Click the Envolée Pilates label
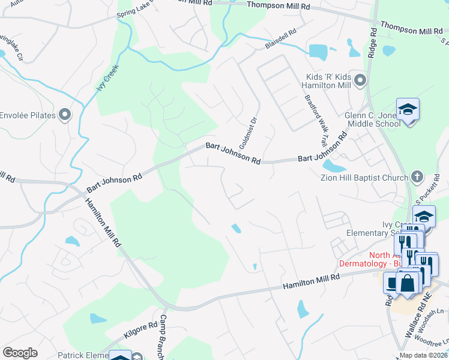pyautogui.click(x=28, y=115)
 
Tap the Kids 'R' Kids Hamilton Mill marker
pyautogui.click(x=360, y=80)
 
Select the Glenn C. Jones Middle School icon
pyautogui.click(x=408, y=109)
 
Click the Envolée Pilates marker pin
pyautogui.click(x=65, y=115)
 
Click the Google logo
pyautogui.click(x=20, y=353)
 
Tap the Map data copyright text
pyautogui.click(x=423, y=355)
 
